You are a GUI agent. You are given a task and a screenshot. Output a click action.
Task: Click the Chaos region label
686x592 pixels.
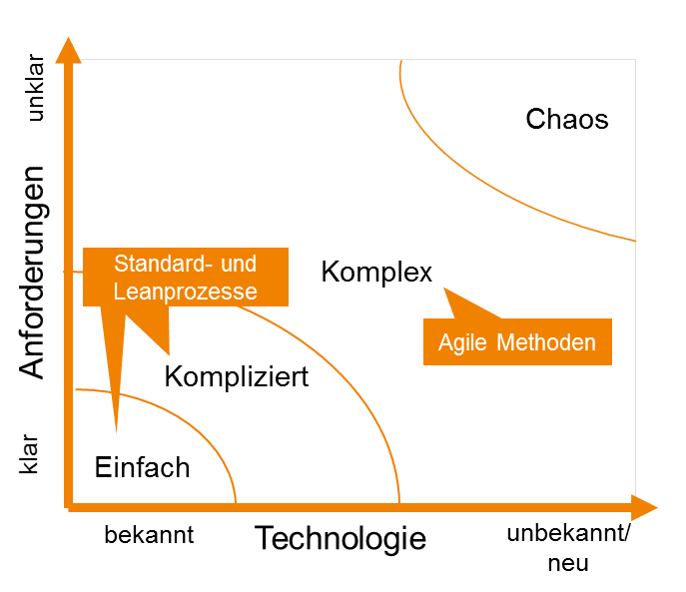(566, 120)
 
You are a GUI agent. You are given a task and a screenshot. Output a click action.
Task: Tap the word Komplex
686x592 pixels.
(376, 272)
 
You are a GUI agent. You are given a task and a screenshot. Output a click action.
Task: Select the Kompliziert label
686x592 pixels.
(237, 378)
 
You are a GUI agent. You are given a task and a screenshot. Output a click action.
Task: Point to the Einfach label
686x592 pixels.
(142, 466)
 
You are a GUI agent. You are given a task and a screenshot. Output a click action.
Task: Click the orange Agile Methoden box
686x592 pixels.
(516, 342)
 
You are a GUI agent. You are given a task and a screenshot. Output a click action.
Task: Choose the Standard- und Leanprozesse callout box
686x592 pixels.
(186, 277)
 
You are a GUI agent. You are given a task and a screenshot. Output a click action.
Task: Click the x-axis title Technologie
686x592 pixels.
(341, 539)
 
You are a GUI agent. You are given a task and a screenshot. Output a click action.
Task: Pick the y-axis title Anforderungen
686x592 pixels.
(34, 272)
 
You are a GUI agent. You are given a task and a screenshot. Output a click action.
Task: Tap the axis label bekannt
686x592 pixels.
(149, 535)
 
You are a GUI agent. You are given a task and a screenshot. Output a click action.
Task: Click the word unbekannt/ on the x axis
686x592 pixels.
(568, 533)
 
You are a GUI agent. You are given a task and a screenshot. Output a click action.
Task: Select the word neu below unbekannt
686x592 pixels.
(567, 563)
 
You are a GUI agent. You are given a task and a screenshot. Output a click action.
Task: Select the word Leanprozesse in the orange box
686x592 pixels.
(186, 292)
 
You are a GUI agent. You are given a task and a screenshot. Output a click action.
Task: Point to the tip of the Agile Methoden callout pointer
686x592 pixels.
(445, 291)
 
